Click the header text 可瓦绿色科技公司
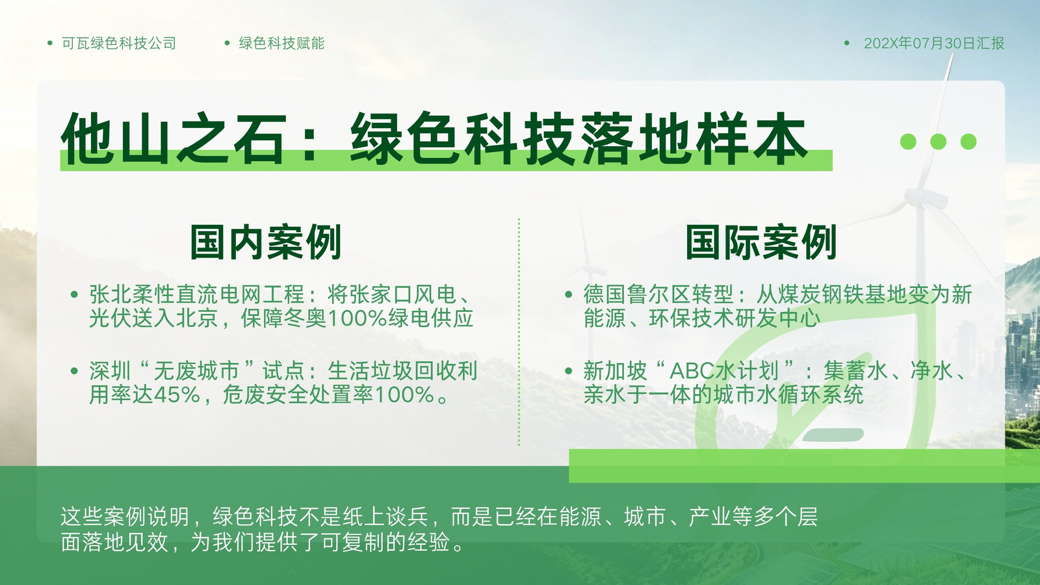tap(119, 43)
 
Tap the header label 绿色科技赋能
tap(282, 43)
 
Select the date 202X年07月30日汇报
tap(934, 43)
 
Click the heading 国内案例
tap(266, 242)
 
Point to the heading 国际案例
tap(761, 242)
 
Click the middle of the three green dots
tap(939, 142)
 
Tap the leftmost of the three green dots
tap(908, 142)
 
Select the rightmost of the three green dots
tap(968, 142)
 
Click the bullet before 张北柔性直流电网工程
tap(74, 294)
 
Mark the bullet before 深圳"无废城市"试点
tap(74, 371)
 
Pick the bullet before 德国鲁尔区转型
tap(568, 294)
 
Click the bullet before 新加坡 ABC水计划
tap(568, 371)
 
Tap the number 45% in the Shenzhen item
tap(177, 395)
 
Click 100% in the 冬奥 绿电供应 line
tap(357, 318)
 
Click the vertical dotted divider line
tap(519, 332)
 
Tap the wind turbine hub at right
tap(924, 199)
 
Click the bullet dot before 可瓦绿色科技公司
tap(50, 43)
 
